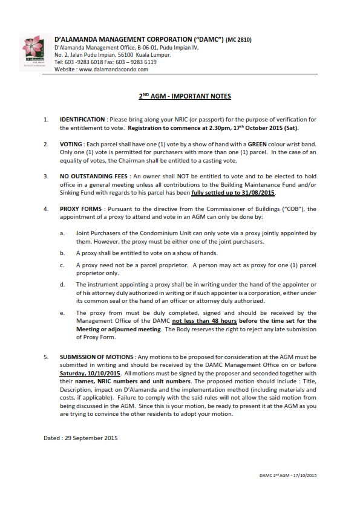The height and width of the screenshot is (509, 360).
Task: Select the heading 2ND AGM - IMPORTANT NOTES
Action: pos(181,97)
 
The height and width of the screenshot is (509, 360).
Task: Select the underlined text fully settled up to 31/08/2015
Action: pos(233,192)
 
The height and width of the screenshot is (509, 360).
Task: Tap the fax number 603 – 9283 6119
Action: pos(135,62)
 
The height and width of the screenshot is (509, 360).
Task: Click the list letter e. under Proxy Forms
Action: pos(62,313)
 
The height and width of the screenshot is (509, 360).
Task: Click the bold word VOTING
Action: pos(72,144)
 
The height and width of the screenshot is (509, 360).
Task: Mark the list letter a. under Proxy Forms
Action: pos(62,233)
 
